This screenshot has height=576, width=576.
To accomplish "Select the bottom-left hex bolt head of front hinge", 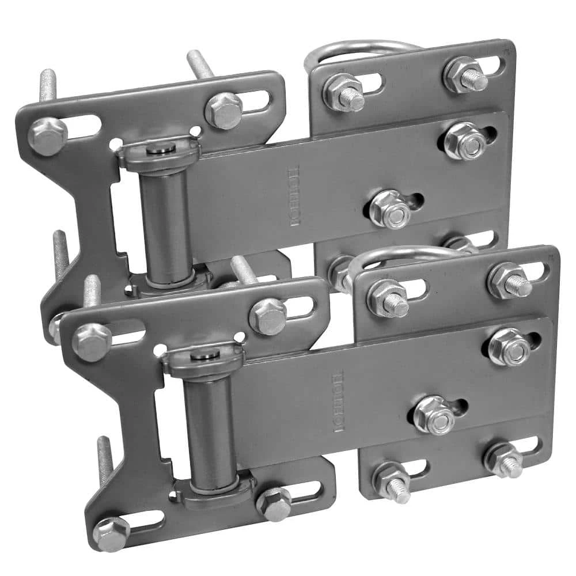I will coord(111,533).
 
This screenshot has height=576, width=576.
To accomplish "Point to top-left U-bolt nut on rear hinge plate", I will coord(343,92).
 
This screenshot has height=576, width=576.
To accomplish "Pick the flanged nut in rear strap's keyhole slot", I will coord(390,209).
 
